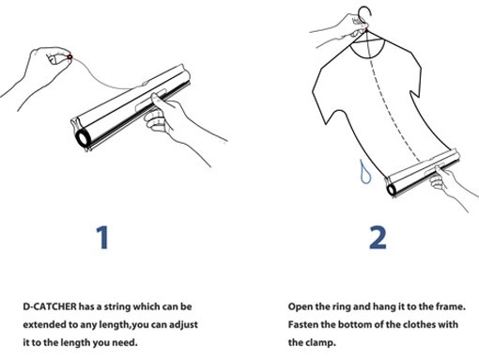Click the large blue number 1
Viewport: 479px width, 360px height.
coord(102,238)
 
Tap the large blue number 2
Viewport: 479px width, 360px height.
coord(378,238)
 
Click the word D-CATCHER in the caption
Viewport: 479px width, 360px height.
coord(50,306)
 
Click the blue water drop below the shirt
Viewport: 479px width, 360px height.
coord(365,172)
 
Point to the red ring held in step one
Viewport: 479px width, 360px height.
coord(70,57)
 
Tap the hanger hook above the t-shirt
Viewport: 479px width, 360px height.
coord(365,14)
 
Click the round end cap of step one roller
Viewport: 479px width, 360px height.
coord(83,138)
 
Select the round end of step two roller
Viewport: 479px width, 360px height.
coord(392,190)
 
